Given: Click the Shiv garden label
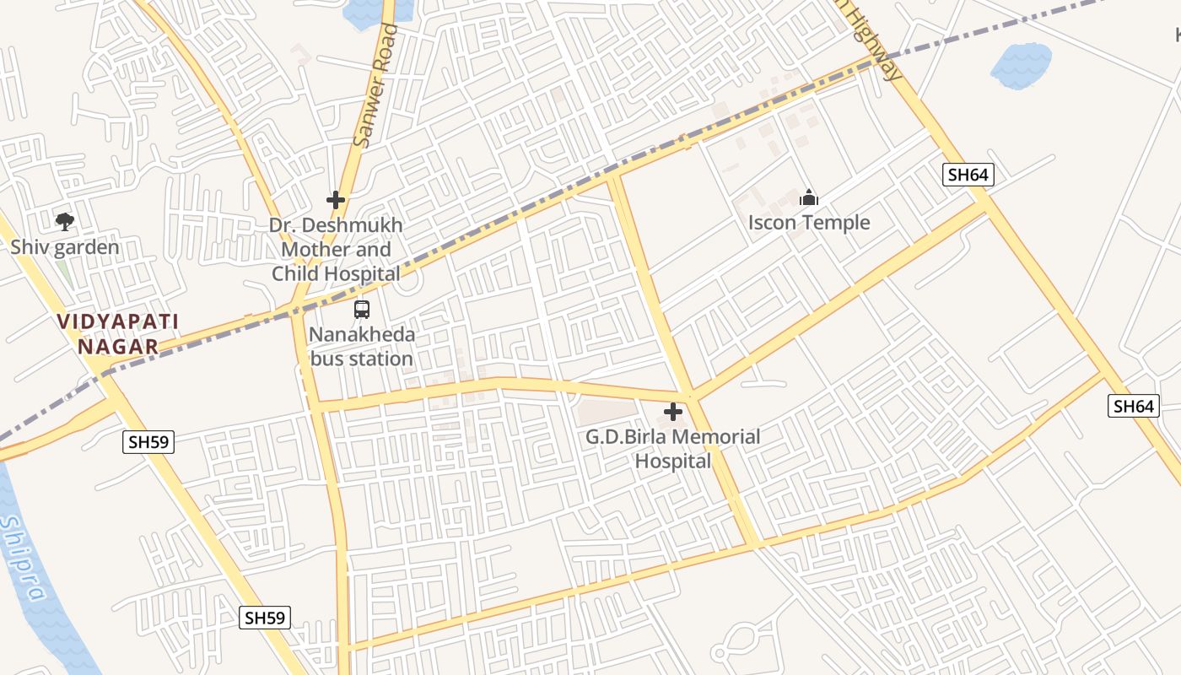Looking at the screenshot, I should pos(65,248).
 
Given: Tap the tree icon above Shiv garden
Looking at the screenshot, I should pos(65,222).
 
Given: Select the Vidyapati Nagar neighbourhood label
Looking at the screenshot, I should pos(118,334).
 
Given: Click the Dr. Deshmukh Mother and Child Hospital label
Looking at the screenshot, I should pos(336,250).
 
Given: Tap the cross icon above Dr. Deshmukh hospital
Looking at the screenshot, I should pos(336,200).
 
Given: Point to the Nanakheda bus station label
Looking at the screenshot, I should pos(362,347).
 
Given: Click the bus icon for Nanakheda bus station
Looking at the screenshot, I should pos(362,309).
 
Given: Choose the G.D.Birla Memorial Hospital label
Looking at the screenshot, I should pos(673,449).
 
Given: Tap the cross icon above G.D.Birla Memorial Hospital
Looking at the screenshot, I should pos(673,412).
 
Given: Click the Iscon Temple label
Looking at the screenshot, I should pos(809,223).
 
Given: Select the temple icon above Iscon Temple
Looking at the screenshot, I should pos(809,198).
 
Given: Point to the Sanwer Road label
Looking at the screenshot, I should pos(376,85).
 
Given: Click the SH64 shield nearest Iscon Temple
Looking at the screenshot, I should pos(968,175).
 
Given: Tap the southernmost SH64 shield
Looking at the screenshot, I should pos(1132,406).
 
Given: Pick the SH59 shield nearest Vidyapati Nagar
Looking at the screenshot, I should pos(148,441).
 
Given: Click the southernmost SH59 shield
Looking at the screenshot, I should pos(265,617).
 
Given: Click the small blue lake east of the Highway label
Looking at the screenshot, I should pos(1021,64).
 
